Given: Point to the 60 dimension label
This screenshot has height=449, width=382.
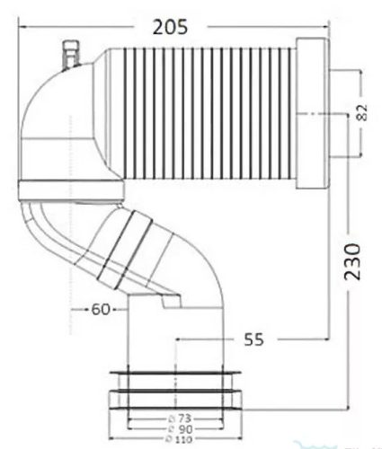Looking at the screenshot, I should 101,310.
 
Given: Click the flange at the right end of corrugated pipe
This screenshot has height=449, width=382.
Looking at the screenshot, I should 311,115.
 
